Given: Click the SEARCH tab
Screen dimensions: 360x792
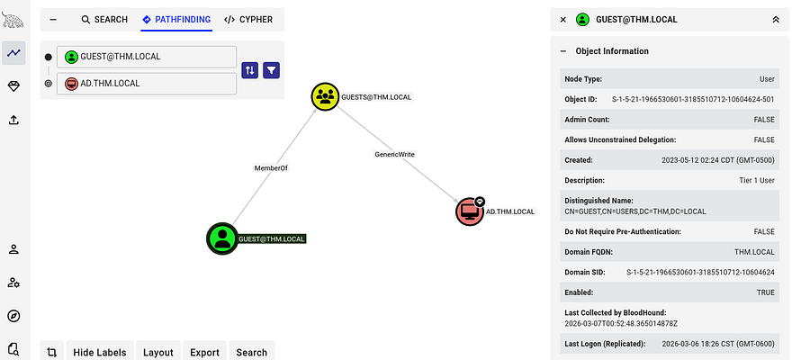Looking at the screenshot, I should (x=104, y=19).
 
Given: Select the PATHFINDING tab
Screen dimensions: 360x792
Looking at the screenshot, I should (x=177, y=19).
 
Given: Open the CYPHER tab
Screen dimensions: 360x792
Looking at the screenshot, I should (x=248, y=19).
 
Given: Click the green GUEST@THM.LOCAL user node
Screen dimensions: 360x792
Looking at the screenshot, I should (x=221, y=238).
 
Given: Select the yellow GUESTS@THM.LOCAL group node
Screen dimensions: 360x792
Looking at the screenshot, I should (x=325, y=96).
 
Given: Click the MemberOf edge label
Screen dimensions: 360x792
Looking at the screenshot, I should (x=271, y=167).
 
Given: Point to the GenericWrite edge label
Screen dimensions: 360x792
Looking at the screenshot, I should (x=394, y=154).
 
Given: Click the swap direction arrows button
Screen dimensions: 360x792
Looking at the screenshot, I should (x=249, y=69).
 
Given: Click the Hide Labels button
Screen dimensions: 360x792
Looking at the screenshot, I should (x=101, y=352).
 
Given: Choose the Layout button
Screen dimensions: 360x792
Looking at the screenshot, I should (x=158, y=352).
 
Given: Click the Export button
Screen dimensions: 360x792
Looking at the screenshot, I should (x=204, y=352).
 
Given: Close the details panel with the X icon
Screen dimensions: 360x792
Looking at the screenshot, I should (x=563, y=19).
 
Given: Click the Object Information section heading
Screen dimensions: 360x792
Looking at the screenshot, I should (x=612, y=51).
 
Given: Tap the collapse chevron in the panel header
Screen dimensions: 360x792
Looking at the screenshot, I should (x=776, y=19).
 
